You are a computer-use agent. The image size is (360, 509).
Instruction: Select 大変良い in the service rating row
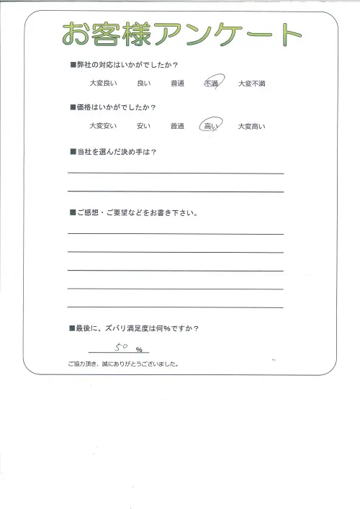pyautogui.click(x=101, y=84)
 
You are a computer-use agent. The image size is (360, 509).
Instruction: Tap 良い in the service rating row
pyautogui.click(x=143, y=84)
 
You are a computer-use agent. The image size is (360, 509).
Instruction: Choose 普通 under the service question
pyautogui.click(x=178, y=84)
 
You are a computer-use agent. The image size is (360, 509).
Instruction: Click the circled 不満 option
pyautogui.click(x=212, y=84)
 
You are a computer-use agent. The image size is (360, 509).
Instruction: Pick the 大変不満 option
pyautogui.click(x=251, y=84)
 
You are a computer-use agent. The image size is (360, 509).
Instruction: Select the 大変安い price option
pyautogui.click(x=101, y=127)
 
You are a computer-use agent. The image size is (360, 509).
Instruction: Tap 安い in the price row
pyautogui.click(x=143, y=127)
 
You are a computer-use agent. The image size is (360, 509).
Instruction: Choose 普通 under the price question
pyautogui.click(x=178, y=127)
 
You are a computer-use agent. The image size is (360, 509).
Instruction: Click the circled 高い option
pyautogui.click(x=212, y=126)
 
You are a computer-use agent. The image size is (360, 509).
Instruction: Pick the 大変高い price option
pyautogui.click(x=251, y=127)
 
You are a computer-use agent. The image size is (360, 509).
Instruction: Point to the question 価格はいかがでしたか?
pyautogui.click(x=117, y=108)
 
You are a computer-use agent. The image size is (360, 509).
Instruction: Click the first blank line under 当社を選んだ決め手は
pyautogui.click(x=176, y=173)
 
